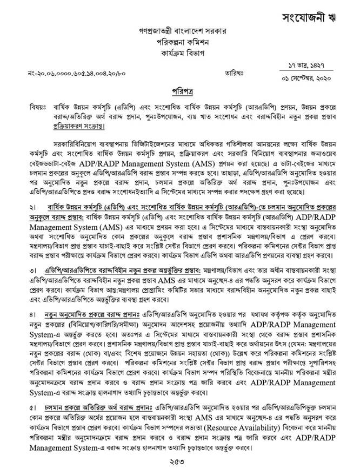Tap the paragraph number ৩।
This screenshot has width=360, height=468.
click(34, 269)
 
